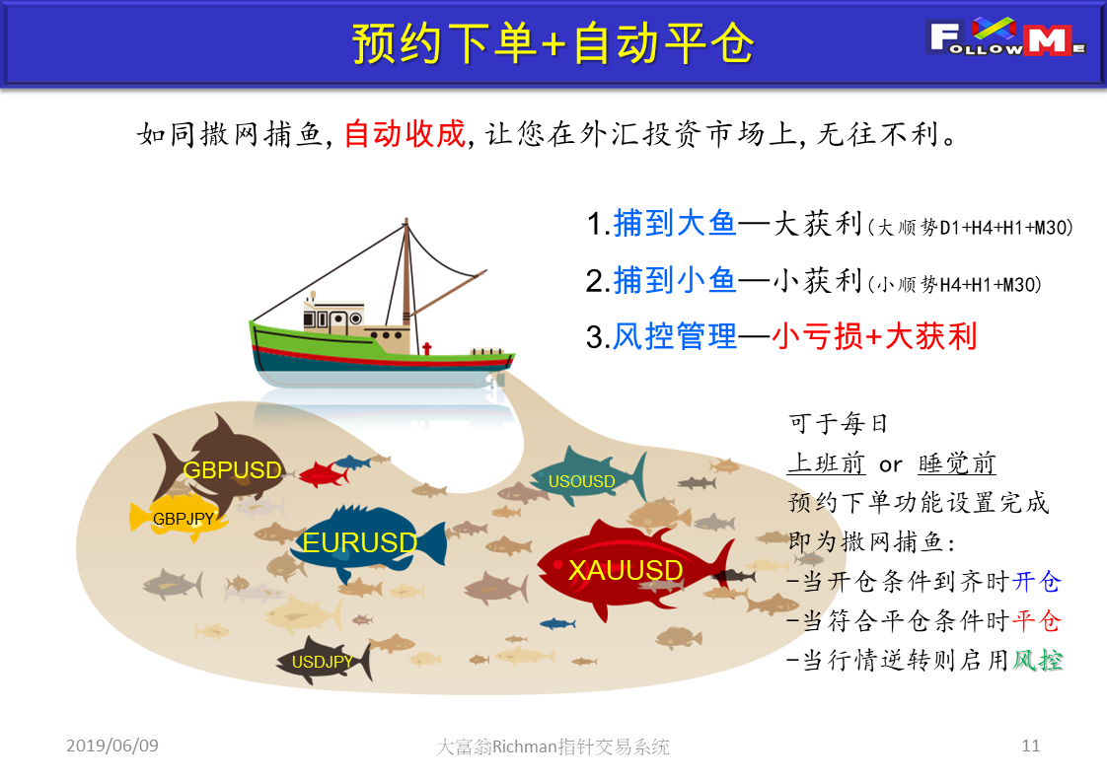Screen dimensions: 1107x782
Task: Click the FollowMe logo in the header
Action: (x=1006, y=38)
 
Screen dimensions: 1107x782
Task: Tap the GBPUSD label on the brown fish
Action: (x=232, y=470)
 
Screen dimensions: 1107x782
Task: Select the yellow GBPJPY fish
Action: (x=178, y=518)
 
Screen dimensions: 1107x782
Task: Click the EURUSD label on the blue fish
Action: (x=360, y=542)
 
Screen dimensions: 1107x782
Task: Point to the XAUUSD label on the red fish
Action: (x=626, y=570)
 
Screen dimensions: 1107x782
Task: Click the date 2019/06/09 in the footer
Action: (x=112, y=746)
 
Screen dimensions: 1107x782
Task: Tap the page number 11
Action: (x=1031, y=746)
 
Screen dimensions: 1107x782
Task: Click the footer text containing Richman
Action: (x=553, y=746)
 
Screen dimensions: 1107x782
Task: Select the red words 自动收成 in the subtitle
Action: (x=405, y=133)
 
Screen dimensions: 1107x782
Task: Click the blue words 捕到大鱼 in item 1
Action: (x=675, y=224)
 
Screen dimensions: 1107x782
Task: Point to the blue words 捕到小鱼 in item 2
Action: (x=675, y=280)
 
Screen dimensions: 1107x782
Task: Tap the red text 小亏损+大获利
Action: (x=874, y=336)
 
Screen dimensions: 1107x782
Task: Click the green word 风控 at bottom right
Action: (x=1037, y=661)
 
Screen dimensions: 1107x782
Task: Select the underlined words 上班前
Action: (x=826, y=463)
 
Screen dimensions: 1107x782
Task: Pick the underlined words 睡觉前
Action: (x=957, y=463)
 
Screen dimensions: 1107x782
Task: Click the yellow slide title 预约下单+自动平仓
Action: (x=553, y=43)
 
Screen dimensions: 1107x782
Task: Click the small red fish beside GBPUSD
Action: (x=324, y=473)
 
